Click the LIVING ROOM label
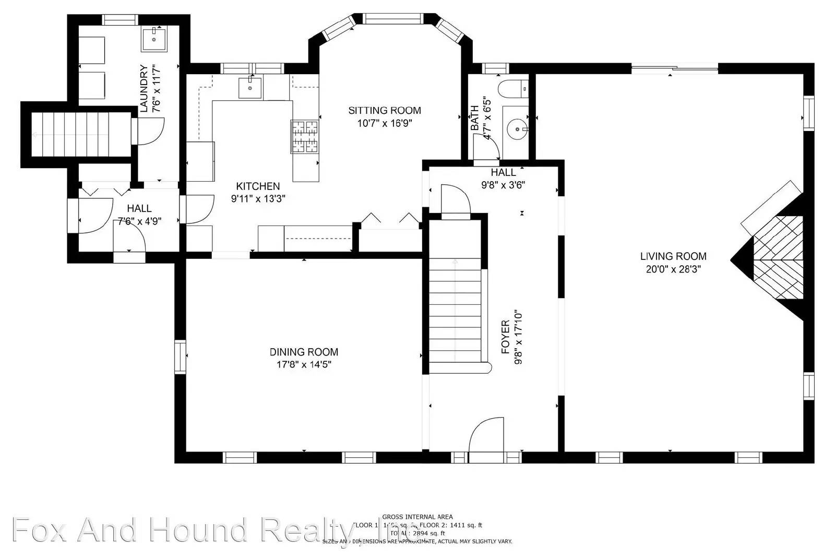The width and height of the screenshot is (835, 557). [x=673, y=256]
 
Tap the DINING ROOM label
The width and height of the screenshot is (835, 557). [x=304, y=352]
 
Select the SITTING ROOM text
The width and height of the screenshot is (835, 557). [x=385, y=111]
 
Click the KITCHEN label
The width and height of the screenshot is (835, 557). [x=258, y=186]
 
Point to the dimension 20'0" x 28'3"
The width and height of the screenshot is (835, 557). [x=673, y=269]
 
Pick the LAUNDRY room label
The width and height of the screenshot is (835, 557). [x=144, y=88]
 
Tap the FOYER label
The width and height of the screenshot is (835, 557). [x=505, y=337]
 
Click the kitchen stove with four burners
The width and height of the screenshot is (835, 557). [x=305, y=137]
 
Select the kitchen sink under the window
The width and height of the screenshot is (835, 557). [x=250, y=88]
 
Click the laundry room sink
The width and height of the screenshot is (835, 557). [x=154, y=39]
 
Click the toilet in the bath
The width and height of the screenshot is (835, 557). [x=513, y=89]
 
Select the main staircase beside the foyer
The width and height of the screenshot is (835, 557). [x=455, y=313]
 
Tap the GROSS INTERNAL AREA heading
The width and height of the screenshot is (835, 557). [x=417, y=517]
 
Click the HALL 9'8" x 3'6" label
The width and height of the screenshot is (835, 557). [x=503, y=178]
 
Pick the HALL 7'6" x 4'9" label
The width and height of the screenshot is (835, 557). [x=139, y=215]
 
